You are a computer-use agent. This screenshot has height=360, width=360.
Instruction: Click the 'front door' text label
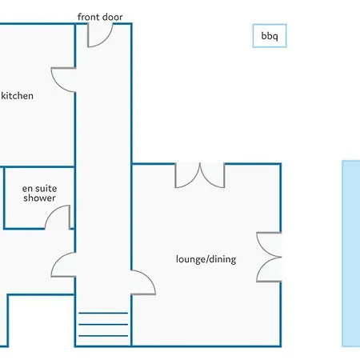100,17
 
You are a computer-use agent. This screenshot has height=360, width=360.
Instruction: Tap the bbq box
270,36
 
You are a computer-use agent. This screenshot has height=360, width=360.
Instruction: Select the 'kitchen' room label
17,96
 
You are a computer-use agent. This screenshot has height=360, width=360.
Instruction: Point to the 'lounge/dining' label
206,259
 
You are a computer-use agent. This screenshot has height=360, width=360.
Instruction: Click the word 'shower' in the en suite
39,198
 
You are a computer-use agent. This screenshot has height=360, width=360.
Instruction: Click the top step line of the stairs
103,313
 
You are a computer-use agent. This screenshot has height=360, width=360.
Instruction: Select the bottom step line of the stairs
103,336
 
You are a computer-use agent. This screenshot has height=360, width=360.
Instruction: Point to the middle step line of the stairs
103,325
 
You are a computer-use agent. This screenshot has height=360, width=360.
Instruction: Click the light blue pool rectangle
351,254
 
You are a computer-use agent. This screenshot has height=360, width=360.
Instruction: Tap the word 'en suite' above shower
39,189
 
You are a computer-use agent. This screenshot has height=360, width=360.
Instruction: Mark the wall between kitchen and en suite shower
39,167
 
